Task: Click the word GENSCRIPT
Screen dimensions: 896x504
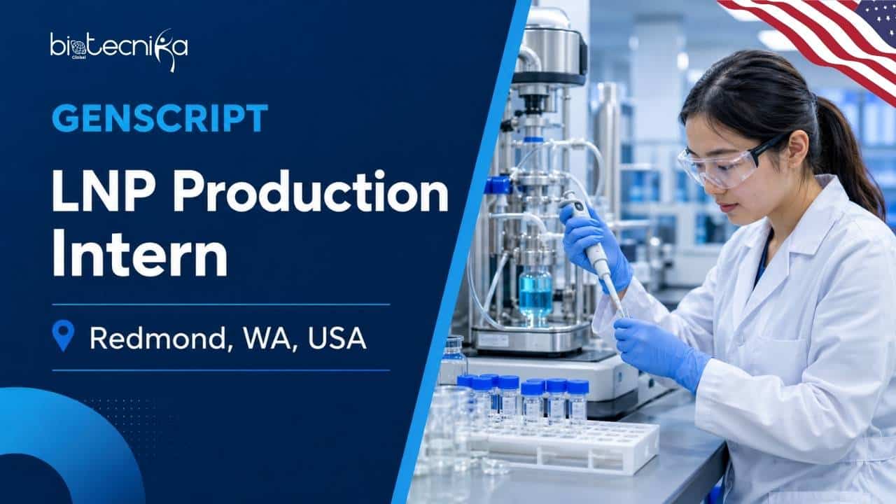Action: tap(160, 118)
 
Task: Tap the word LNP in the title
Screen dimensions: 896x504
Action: tap(103, 192)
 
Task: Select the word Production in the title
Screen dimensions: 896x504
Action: tap(311, 192)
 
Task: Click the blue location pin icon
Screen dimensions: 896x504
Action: tap(63, 335)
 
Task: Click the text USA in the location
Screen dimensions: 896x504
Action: tap(337, 338)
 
